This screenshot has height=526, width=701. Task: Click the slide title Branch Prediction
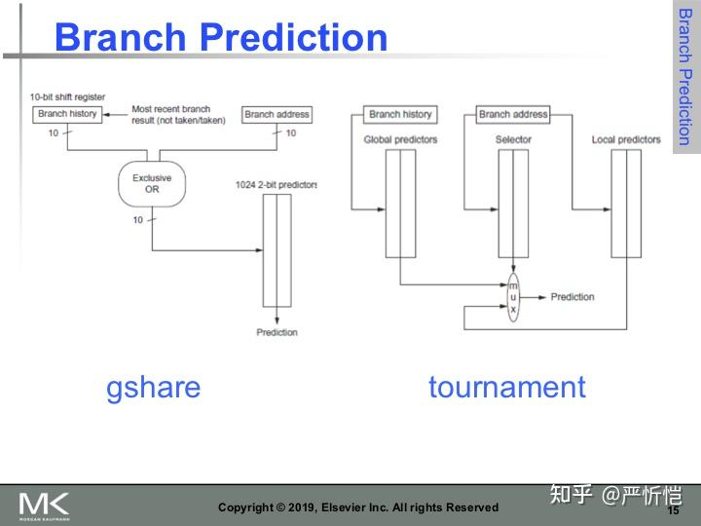click(x=221, y=38)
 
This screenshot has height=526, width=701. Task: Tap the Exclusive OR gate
click(x=152, y=183)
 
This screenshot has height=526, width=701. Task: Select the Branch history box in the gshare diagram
click(x=67, y=114)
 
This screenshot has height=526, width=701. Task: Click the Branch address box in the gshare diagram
click(x=277, y=114)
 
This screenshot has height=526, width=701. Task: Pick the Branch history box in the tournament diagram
click(x=400, y=114)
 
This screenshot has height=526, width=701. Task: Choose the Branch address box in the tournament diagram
click(x=513, y=114)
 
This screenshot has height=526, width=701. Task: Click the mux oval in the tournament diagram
click(x=513, y=297)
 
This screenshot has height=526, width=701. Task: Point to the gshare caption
click(x=153, y=387)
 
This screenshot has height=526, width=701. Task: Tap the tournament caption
click(x=506, y=387)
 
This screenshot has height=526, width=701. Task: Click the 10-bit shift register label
click(x=67, y=97)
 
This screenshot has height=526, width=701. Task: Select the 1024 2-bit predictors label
click(x=277, y=185)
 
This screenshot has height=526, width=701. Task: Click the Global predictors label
click(x=400, y=139)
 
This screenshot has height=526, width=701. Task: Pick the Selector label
click(x=513, y=139)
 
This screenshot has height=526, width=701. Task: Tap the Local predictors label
click(x=626, y=139)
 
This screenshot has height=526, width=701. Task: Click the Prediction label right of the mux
click(x=572, y=297)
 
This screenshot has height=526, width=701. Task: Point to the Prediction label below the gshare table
click(x=277, y=332)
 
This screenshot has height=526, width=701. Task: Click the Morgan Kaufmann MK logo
click(x=45, y=505)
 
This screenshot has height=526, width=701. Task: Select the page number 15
click(x=673, y=510)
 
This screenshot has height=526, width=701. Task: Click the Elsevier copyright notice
click(x=357, y=507)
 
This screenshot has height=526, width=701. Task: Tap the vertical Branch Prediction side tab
click(x=684, y=78)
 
